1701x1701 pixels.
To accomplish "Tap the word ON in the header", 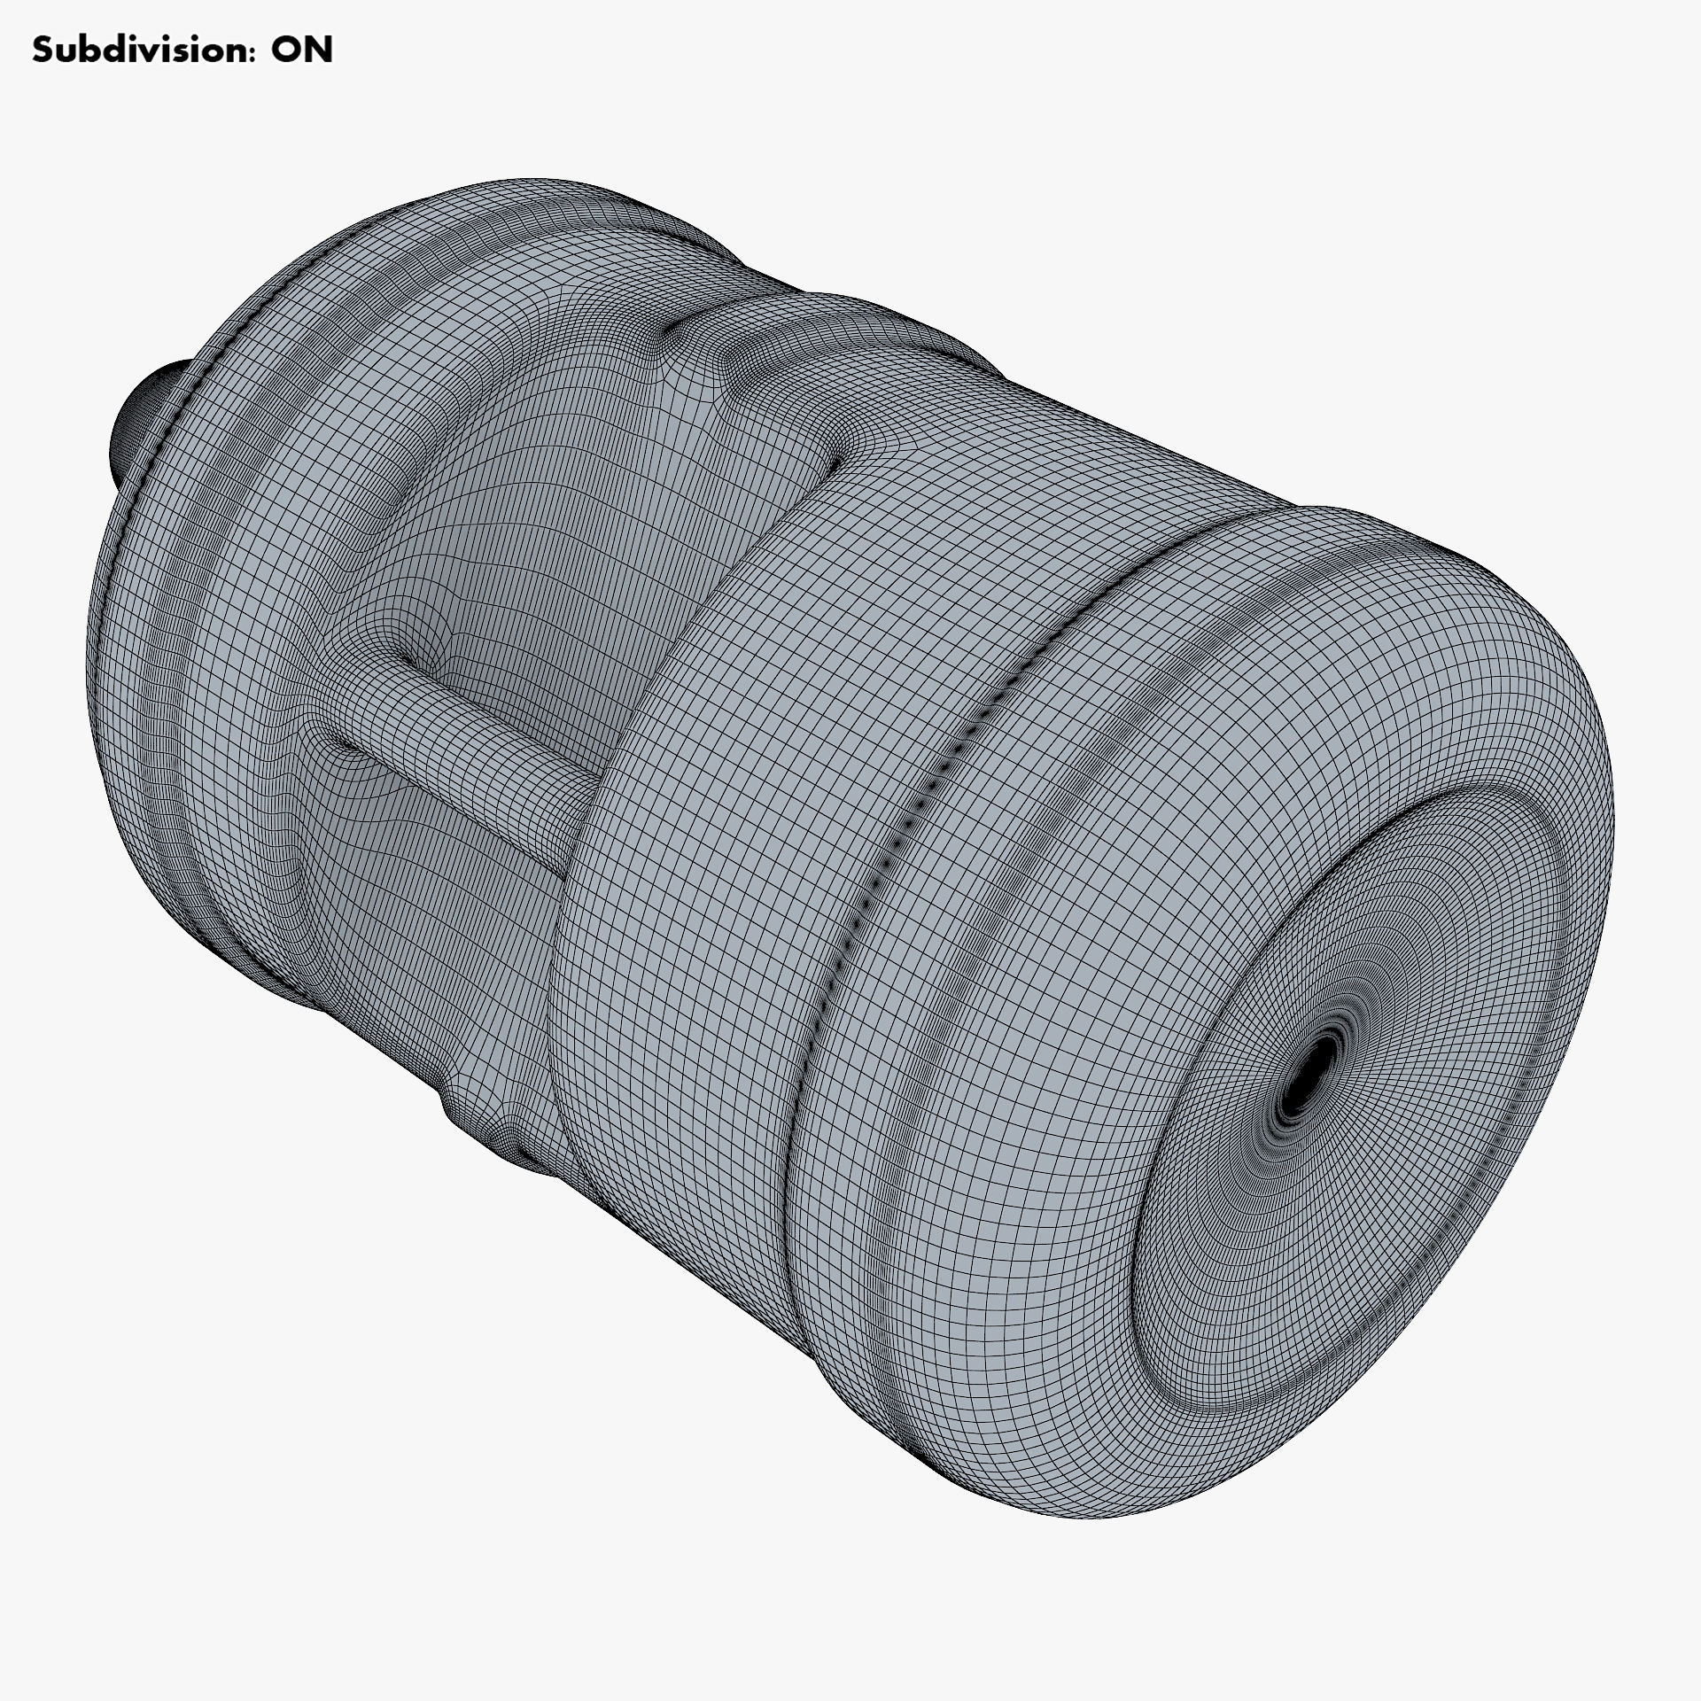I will pyautogui.click(x=301, y=50).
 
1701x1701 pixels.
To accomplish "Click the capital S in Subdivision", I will pyautogui.click(x=43, y=50).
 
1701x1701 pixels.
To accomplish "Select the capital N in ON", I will pyautogui.click(x=318, y=50).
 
